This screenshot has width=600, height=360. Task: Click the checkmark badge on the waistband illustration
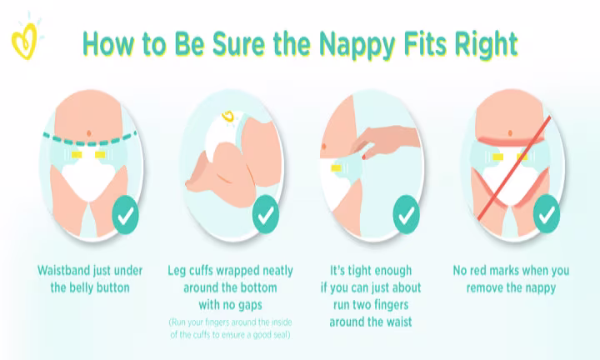pos(124,215)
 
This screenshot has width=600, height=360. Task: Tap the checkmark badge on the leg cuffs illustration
pos(265,214)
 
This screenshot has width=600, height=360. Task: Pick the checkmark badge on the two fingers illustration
pos(406,214)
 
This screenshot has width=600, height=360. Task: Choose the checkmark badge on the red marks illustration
pos(547,214)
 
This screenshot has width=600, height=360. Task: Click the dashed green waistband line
pos(88,143)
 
